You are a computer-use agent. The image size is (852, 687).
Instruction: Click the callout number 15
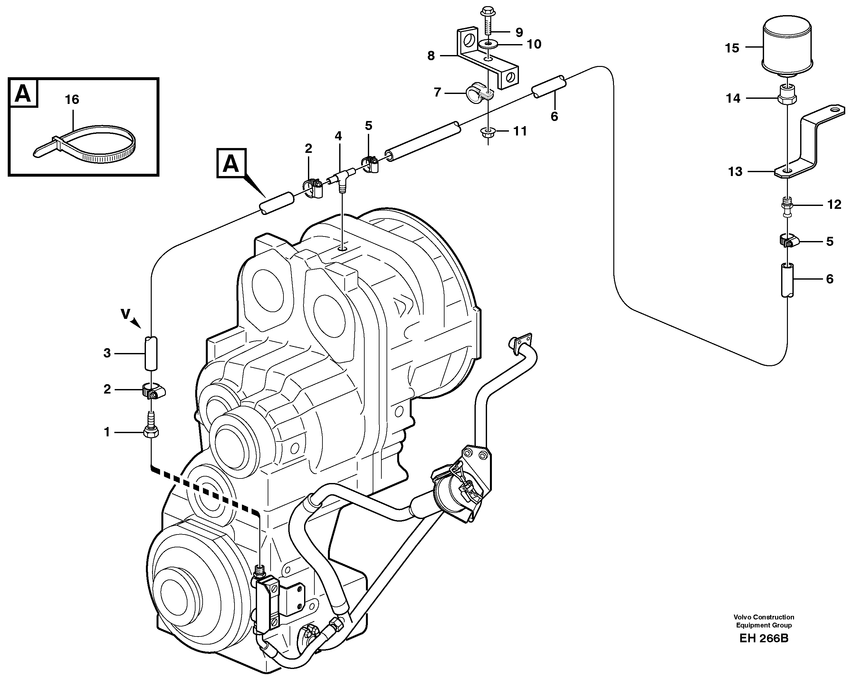click(x=732, y=48)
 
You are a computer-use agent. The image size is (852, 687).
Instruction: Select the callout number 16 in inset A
click(x=72, y=99)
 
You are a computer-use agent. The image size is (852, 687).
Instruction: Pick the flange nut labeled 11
click(x=488, y=132)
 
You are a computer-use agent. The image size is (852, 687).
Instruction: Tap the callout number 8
click(x=431, y=56)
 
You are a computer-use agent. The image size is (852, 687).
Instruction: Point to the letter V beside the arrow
click(x=126, y=314)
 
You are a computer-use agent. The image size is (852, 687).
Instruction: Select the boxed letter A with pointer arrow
click(x=231, y=163)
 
